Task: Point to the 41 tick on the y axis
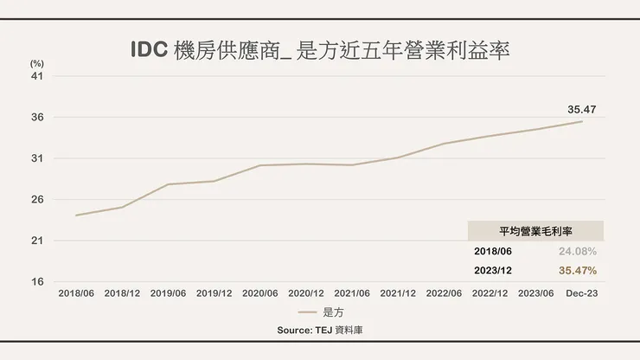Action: (37, 76)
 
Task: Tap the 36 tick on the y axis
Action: (37, 118)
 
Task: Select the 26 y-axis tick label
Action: (37, 200)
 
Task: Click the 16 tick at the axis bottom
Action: (37, 282)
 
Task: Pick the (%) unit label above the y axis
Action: (36, 63)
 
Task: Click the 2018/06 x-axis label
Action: (76, 294)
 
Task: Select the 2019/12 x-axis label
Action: (214, 294)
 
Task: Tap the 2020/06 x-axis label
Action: (260, 294)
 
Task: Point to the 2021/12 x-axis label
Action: (398, 294)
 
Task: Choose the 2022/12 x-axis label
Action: (490, 294)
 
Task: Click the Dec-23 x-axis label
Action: (581, 294)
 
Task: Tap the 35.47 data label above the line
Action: (581, 109)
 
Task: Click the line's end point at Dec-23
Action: (582, 121)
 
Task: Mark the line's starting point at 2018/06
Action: (76, 215)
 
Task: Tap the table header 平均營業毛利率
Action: (535, 231)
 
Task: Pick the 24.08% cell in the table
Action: (578, 251)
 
